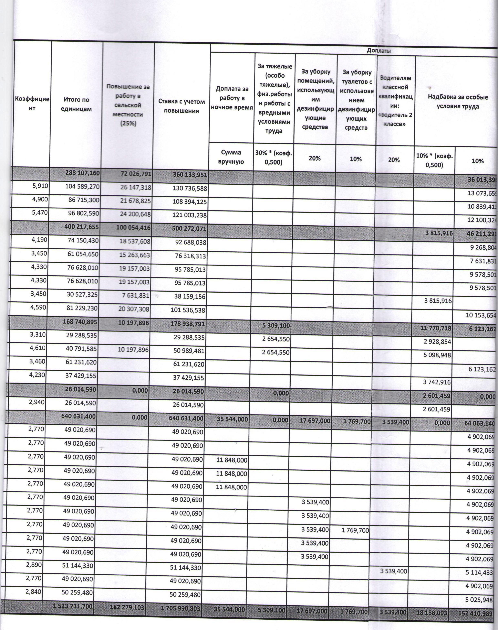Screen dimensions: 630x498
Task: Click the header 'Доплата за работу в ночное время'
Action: click(x=232, y=98)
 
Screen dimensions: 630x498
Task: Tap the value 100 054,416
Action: click(x=134, y=227)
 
